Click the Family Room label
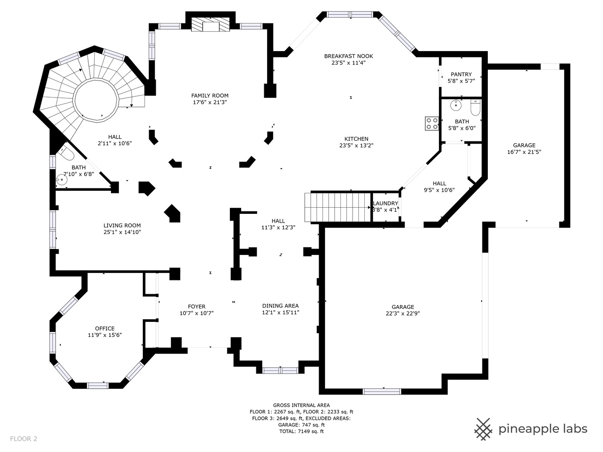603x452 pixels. (210, 95)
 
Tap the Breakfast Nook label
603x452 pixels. (349, 56)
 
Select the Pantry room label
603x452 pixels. (461, 74)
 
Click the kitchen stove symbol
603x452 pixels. (432, 123)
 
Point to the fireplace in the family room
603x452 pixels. (211, 25)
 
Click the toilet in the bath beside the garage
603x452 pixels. (476, 107)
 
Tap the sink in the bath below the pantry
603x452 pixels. (456, 105)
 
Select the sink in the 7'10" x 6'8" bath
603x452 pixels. (62, 180)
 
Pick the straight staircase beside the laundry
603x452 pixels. (338, 207)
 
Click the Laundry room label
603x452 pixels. (385, 203)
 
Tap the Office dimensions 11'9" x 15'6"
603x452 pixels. (105, 335)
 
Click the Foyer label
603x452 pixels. (197, 306)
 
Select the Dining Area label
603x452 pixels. (281, 306)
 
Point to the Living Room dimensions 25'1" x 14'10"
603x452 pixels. (122, 232)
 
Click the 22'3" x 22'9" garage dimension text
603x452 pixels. (403, 313)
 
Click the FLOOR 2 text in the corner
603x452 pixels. (23, 439)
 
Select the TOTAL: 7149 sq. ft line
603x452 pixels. (301, 431)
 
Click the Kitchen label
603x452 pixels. (356, 139)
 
